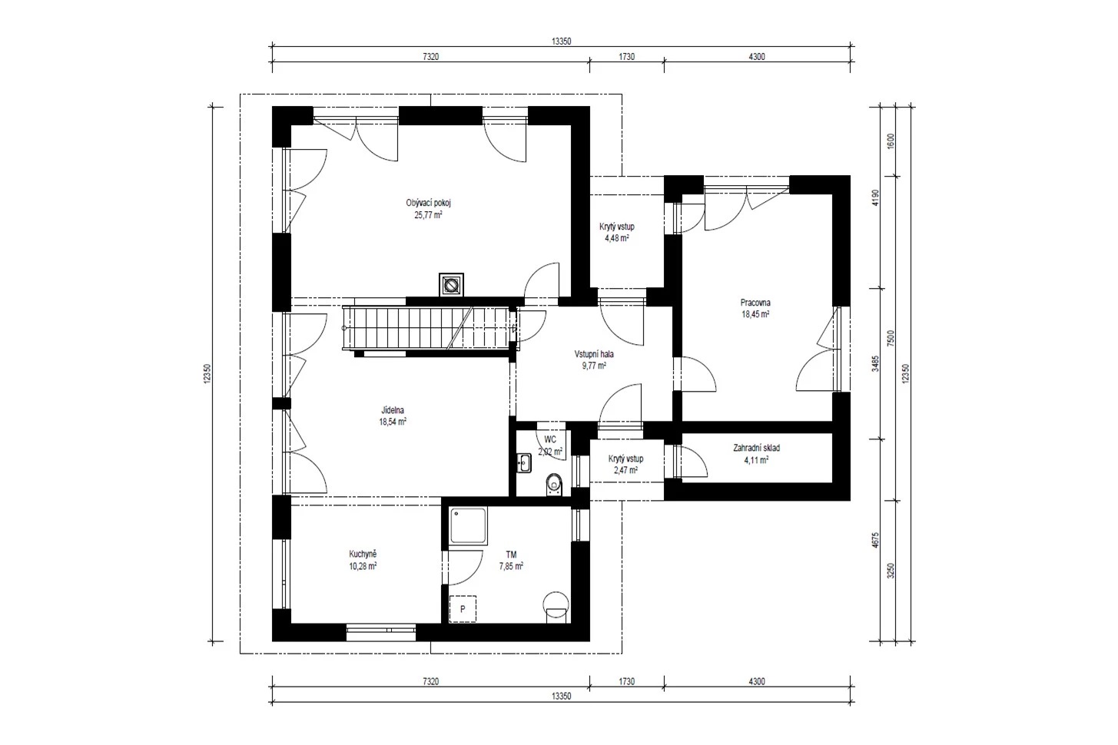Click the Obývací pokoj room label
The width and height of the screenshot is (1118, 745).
click(x=428, y=203)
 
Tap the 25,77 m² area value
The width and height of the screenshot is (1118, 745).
click(x=428, y=216)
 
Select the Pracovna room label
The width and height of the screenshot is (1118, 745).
click(x=755, y=303)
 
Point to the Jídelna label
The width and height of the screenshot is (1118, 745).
click(x=393, y=410)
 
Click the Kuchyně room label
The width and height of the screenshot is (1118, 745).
click(x=363, y=554)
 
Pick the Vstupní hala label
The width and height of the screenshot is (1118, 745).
click(x=594, y=354)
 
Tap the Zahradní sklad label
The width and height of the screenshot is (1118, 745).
click(x=756, y=448)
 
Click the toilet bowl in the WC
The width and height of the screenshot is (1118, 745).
click(x=553, y=484)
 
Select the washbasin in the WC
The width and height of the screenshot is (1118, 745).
click(x=523, y=462)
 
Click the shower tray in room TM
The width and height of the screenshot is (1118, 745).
click(x=468, y=525)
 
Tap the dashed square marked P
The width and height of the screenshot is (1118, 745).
click(x=462, y=609)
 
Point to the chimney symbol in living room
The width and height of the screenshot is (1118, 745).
click(x=451, y=285)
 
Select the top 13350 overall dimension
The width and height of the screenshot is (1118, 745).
click(x=561, y=41)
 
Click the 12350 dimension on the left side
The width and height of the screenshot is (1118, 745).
click(x=207, y=374)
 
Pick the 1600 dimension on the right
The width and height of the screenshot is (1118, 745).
click(x=891, y=141)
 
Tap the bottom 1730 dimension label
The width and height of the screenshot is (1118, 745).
click(x=626, y=681)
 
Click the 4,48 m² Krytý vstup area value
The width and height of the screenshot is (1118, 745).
click(x=616, y=239)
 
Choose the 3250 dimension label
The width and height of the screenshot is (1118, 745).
click(x=891, y=571)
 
